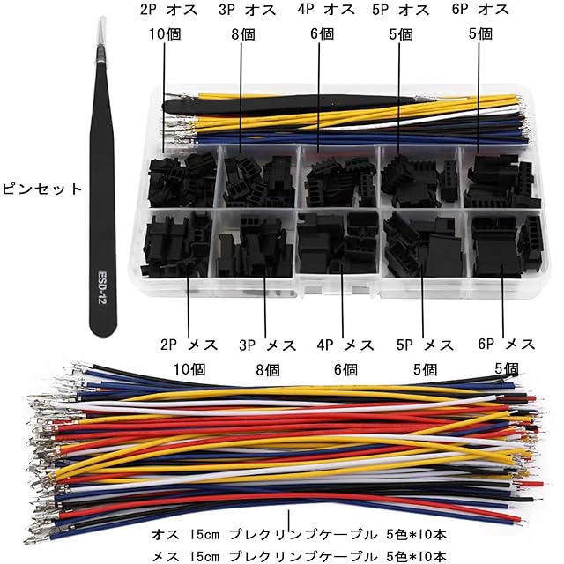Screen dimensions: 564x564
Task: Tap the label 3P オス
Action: coord(249,11)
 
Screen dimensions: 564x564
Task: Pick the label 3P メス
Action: coord(268,345)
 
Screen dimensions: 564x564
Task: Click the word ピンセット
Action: coord(42,188)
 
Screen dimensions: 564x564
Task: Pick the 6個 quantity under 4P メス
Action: coord(346,369)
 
